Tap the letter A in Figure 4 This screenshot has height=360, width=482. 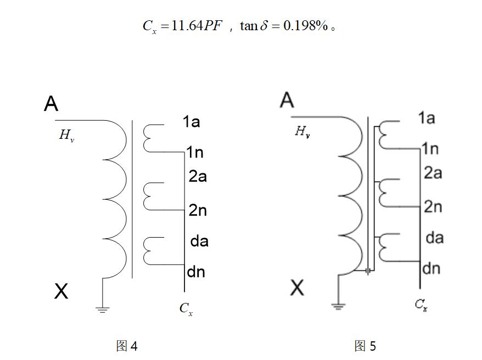point(51,103)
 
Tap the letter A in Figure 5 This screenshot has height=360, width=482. point(287,100)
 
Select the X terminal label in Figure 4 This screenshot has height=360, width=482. point(61,291)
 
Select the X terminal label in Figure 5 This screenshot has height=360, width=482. point(297,288)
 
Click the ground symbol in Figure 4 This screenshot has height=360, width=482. point(103,309)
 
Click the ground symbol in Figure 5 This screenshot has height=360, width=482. point(339,306)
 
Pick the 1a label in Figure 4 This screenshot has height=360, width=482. point(191,122)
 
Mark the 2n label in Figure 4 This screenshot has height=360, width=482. point(198,210)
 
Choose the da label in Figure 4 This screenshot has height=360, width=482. point(199,241)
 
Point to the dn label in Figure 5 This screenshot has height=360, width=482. point(431,268)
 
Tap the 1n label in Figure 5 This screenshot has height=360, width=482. point(430,149)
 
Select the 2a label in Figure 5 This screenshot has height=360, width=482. point(433,173)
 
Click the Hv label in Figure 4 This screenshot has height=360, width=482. point(66,136)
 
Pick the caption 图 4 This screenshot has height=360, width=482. point(127,346)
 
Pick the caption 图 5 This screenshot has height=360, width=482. point(365,346)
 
